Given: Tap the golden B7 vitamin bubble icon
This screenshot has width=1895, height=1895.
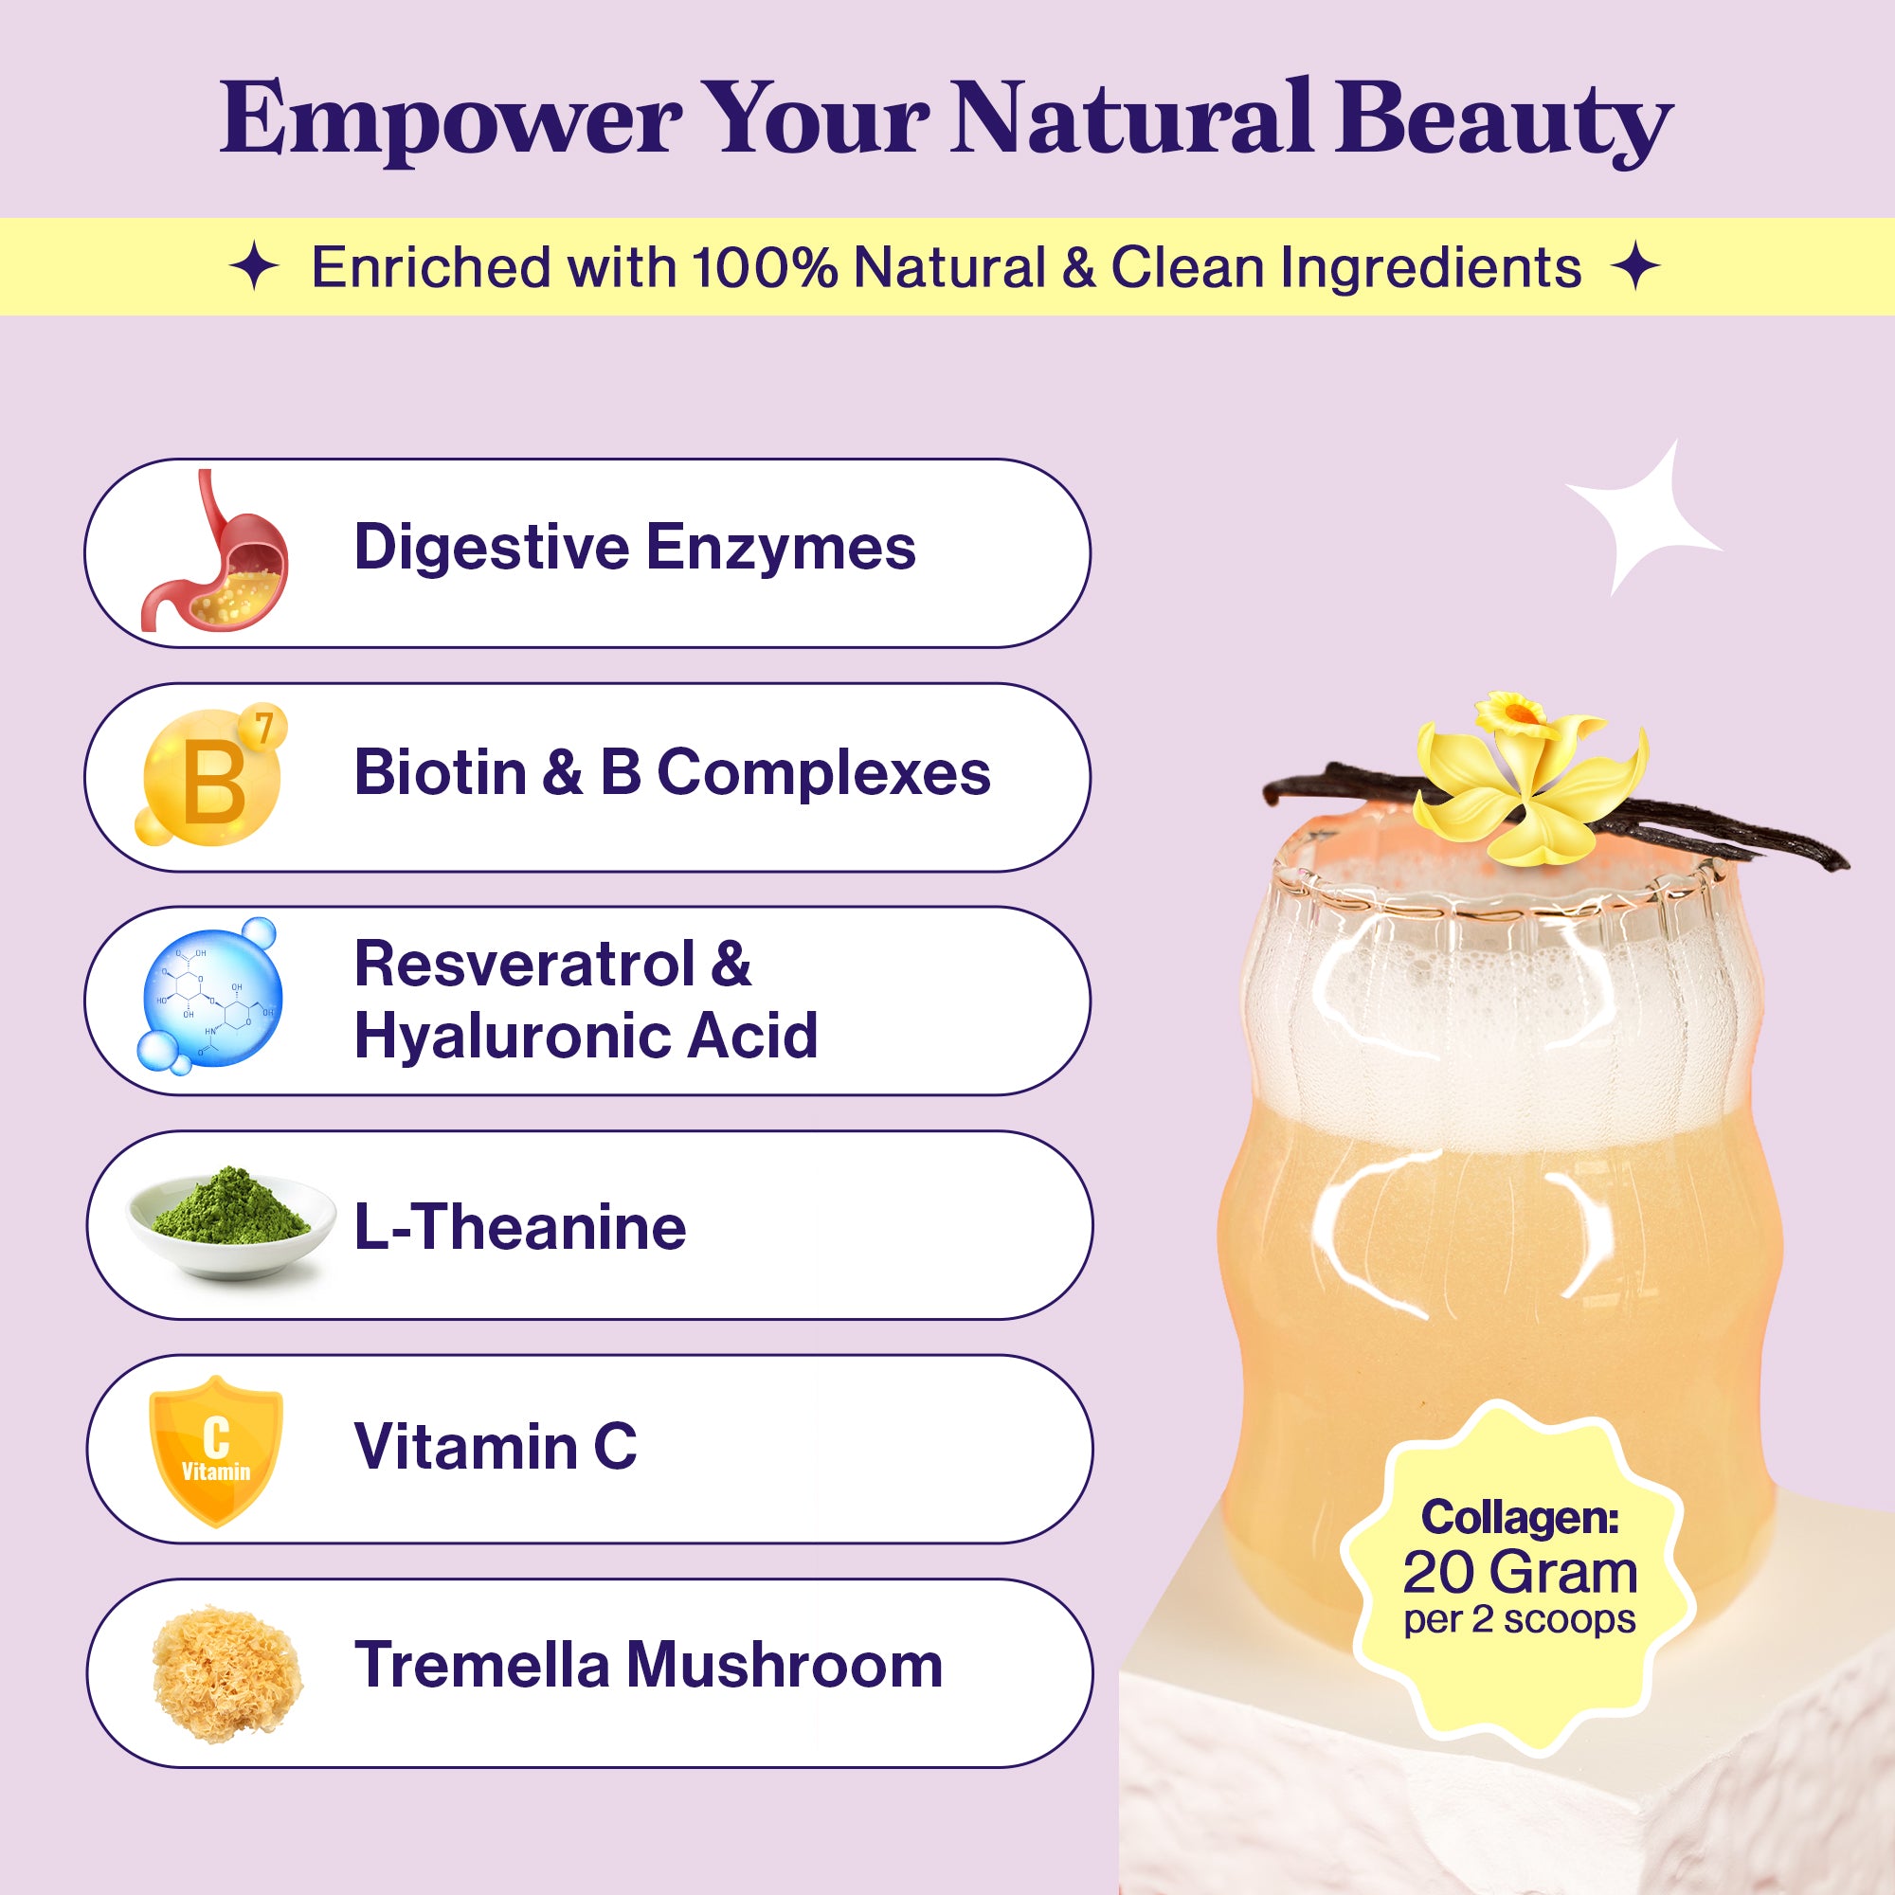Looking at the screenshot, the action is (x=212, y=776).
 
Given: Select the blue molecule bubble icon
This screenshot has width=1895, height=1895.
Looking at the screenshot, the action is (x=211, y=996).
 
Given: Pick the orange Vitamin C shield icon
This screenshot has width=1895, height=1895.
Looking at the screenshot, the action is (x=216, y=1451).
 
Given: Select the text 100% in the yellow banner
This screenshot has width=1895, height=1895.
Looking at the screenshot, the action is (x=765, y=267).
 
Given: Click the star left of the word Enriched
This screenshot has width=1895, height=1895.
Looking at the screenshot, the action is (x=255, y=268).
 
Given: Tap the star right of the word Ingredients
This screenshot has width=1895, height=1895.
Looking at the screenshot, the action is (x=1636, y=267).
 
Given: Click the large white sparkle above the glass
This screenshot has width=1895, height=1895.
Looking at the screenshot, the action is (x=1643, y=518).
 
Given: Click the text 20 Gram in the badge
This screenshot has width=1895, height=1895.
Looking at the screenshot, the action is (x=1521, y=1572).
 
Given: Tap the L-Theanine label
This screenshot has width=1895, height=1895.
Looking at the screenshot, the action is (x=520, y=1227).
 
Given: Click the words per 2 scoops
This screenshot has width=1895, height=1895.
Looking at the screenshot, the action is (x=1520, y=1619).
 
